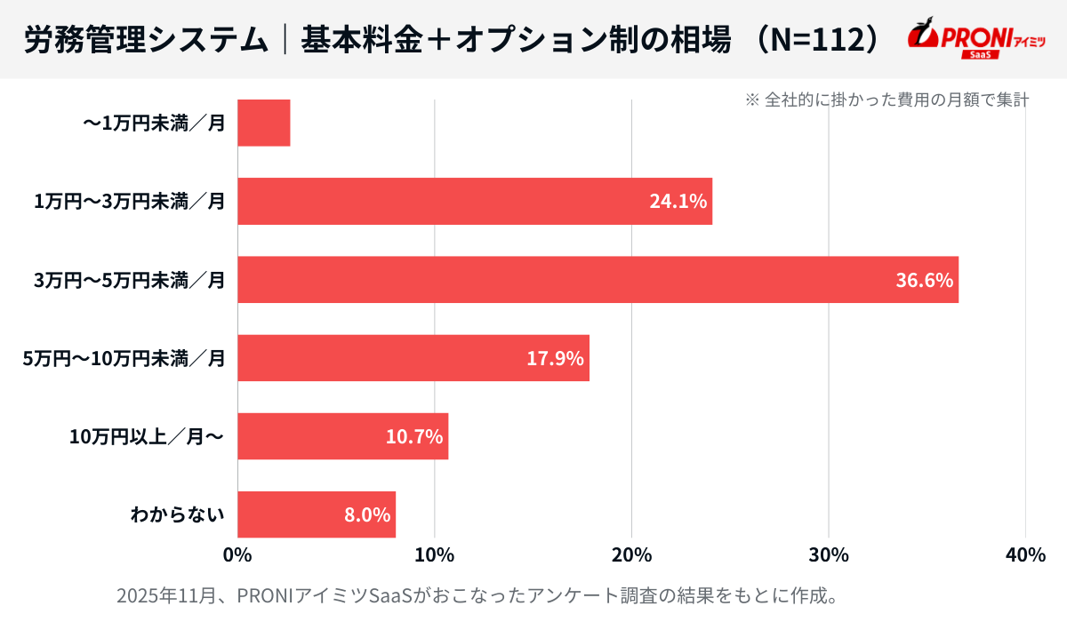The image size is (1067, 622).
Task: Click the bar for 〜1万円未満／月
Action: pyautogui.click(x=264, y=123)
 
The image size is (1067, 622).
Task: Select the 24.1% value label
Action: pyautogui.click(x=678, y=202)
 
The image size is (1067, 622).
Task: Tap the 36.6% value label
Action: pyautogui.click(x=924, y=280)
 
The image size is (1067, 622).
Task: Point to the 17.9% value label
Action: pyautogui.click(x=555, y=358)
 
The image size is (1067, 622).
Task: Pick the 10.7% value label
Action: pyautogui.click(x=414, y=436)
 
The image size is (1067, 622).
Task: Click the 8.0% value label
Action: pyautogui.click(x=367, y=514)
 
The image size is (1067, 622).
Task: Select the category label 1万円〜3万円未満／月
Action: pyautogui.click(x=129, y=202)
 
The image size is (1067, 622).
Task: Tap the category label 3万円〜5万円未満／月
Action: pyautogui.click(x=129, y=280)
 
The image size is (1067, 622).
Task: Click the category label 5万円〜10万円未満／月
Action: pyautogui.click(x=124, y=358)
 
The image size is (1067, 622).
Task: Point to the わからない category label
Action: pyautogui.click(x=177, y=514)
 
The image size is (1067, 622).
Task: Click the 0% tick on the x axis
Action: pyautogui.click(x=237, y=555)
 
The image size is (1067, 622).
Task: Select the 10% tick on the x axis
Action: pyautogui.click(x=435, y=555)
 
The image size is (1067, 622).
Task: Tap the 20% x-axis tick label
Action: pyautogui.click(x=631, y=555)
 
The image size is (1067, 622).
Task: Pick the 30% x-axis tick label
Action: pyautogui.click(x=829, y=555)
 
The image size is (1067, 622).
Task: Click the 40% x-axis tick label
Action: pyautogui.click(x=1025, y=555)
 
